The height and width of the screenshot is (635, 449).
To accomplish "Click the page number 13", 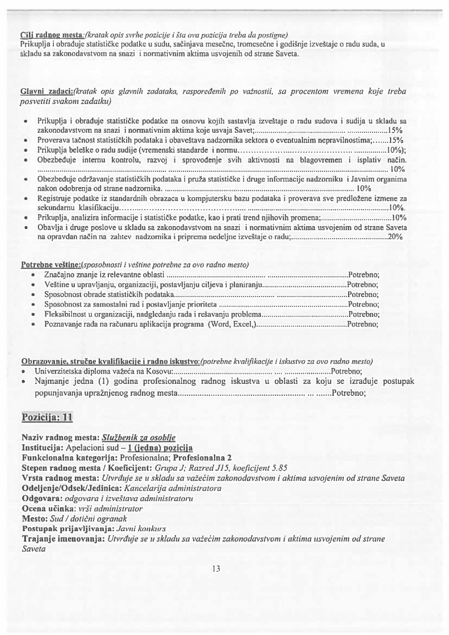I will [216, 568].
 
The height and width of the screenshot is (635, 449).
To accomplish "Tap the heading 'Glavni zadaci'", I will [47, 92].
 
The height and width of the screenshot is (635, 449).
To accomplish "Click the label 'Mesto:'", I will [35, 518].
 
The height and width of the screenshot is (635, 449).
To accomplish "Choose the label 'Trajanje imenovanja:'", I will [63, 539].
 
